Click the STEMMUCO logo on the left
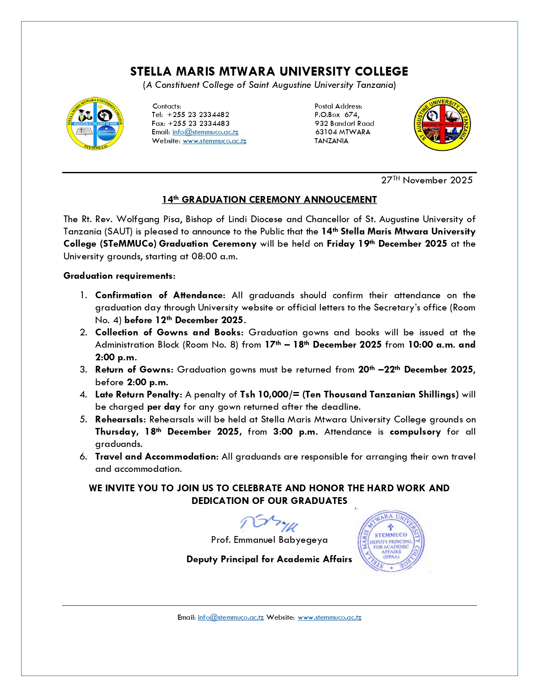[95, 123]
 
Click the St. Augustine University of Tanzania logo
[442, 124]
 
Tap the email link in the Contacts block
[205, 132]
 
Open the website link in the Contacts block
[214, 141]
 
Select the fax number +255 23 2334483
[199, 123]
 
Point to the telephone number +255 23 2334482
[198, 114]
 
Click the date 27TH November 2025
[427, 180]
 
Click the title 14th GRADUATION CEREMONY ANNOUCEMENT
[269, 199]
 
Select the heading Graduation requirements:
[119, 276]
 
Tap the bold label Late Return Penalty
[138, 395]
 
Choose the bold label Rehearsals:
[120, 419]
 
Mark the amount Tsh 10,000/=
[270, 395]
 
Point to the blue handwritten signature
[269, 524]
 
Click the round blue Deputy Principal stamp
[391, 542]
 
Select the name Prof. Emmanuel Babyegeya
[269, 540]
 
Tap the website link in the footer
[329, 618]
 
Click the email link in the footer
[231, 618]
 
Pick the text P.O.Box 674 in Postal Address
[337, 114]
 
